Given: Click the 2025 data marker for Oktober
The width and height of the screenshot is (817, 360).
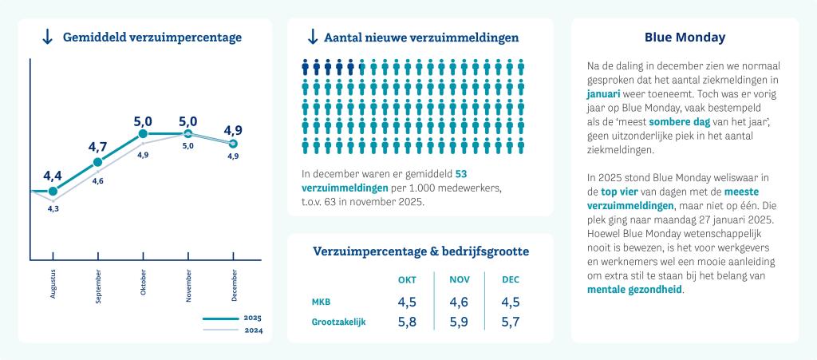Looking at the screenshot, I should [143, 134].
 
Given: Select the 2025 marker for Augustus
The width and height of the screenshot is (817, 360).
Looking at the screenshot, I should [53, 192].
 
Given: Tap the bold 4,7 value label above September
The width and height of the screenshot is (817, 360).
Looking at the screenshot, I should [98, 147].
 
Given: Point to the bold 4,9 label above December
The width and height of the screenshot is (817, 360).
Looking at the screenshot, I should [233, 130].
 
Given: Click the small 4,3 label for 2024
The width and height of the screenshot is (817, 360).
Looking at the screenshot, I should [53, 208].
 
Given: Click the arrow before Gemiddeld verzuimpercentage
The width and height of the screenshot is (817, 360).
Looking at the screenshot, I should [47, 37].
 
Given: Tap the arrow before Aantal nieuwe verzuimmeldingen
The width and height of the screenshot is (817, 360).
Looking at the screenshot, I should [312, 37].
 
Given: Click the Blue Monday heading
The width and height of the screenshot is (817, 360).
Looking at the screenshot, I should [685, 37].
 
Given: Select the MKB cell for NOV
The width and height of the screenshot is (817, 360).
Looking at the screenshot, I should [460, 302].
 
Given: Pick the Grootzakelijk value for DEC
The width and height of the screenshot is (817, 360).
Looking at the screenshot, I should [511, 322].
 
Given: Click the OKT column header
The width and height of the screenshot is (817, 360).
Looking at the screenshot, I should [407, 279].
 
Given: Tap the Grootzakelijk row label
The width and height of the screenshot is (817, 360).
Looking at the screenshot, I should [339, 322].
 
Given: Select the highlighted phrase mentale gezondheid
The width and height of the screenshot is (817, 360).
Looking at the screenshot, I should [635, 290].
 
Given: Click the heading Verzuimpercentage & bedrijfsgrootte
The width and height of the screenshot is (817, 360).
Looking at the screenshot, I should [420, 251].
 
